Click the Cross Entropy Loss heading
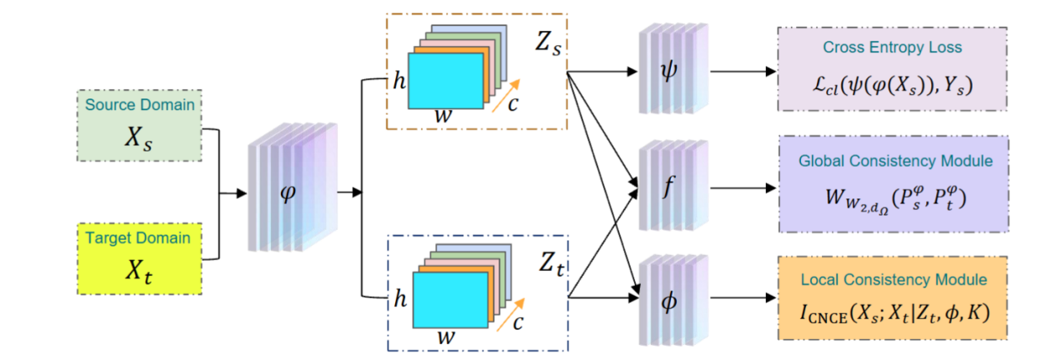point(892,47)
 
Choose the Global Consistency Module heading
point(892,161)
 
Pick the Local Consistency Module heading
point(892,278)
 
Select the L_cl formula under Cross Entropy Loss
point(892,84)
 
